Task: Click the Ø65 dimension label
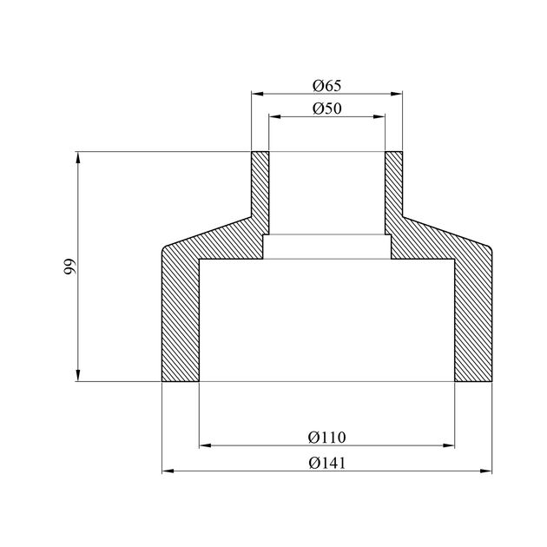coord(326,85)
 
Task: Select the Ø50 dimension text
coord(326,109)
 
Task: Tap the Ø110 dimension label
coord(326,437)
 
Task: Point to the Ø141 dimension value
coord(326,462)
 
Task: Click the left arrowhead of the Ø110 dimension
coord(206,446)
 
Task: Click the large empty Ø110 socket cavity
coord(326,321)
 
